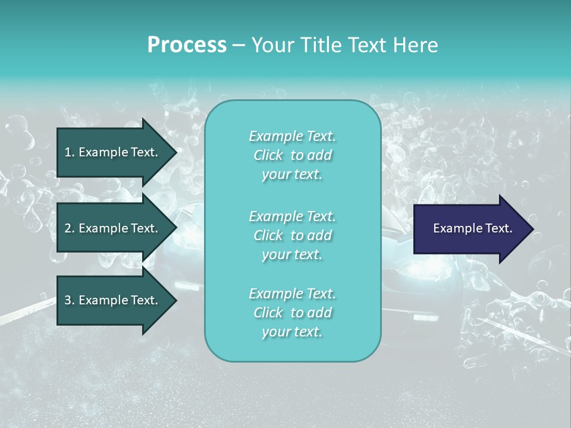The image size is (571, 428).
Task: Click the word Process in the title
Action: click(187, 45)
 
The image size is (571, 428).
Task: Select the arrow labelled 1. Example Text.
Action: click(113, 152)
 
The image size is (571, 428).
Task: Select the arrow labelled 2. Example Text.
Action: click(113, 228)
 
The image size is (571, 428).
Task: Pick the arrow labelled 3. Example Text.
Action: click(113, 300)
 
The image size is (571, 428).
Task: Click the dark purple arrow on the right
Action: click(470, 228)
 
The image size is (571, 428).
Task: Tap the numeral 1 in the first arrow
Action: click(68, 152)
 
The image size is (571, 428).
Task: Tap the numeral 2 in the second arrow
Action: click(68, 228)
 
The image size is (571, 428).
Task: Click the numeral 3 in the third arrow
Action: click(68, 300)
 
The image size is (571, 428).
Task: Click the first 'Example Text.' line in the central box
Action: click(292, 136)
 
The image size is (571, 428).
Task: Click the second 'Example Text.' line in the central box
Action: click(292, 216)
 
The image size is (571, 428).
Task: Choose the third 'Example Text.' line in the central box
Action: click(292, 294)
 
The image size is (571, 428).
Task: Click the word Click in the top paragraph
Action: click(268, 155)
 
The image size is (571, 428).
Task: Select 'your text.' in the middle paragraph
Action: click(292, 254)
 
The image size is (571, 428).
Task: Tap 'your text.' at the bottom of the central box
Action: click(292, 332)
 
